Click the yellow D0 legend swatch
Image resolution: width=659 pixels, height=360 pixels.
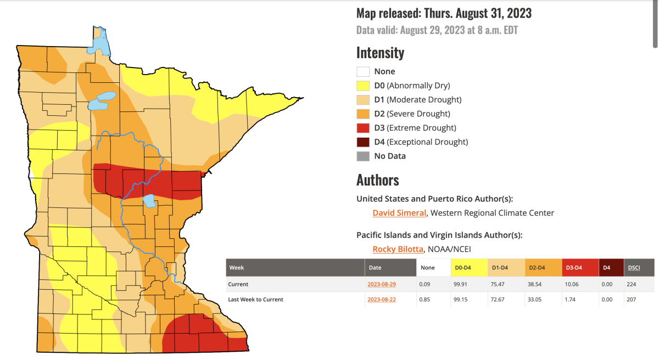(x=362, y=86)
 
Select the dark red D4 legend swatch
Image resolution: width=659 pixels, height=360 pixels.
(x=362, y=142)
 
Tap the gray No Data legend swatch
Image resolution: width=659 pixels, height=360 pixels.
(x=362, y=156)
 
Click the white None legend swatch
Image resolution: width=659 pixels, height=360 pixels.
(x=362, y=71)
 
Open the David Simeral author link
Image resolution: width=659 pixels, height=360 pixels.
(x=399, y=213)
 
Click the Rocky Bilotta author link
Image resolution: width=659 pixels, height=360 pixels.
(x=398, y=249)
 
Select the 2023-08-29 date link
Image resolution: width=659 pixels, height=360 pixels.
(x=382, y=284)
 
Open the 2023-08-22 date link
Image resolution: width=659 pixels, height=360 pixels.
(x=382, y=299)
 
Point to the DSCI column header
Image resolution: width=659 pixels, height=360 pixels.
(x=633, y=268)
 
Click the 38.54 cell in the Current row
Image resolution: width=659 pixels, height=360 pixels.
(x=535, y=284)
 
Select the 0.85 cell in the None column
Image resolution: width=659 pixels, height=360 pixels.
(x=424, y=299)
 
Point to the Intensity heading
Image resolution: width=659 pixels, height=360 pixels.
(x=380, y=53)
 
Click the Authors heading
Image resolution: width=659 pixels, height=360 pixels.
(x=377, y=180)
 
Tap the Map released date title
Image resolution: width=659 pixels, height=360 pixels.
(x=444, y=13)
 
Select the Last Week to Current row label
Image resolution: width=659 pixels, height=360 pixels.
(x=255, y=299)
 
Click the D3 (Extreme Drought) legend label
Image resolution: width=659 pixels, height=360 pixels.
(x=415, y=128)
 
